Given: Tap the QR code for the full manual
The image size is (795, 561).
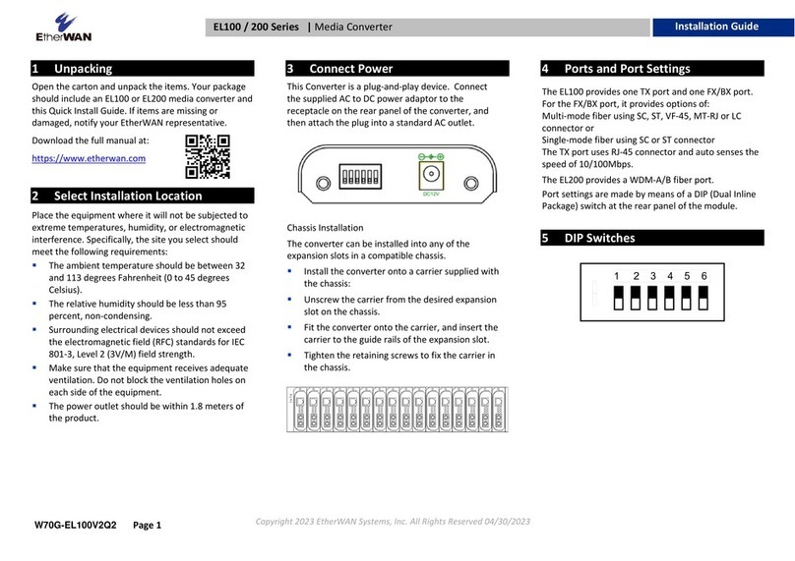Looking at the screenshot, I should coord(209,155).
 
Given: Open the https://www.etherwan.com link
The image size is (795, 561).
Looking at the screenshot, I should coord(90,158).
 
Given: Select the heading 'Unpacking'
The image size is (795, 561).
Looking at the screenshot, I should coord(84,69).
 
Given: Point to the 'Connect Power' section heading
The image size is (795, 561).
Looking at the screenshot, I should coord(350,69).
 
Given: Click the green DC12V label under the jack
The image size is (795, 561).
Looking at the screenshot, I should coord(430,195).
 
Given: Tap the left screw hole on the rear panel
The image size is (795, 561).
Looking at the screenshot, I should coord(320,182).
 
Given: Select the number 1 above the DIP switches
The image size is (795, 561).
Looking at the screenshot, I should coord(617,276).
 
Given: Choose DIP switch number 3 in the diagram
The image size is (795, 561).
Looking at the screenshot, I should coord(651,296).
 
